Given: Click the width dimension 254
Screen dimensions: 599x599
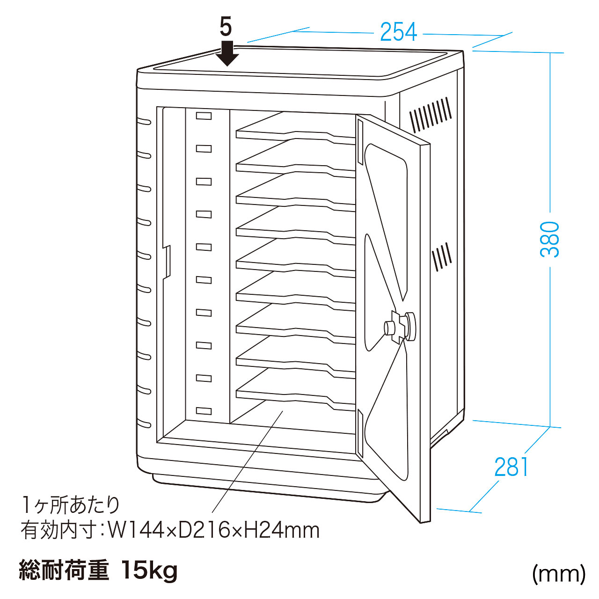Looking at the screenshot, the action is pyautogui.click(x=398, y=32).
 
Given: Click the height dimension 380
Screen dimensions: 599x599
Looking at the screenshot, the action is pyautogui.click(x=549, y=239).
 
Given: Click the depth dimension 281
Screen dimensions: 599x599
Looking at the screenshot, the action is pyautogui.click(x=511, y=467).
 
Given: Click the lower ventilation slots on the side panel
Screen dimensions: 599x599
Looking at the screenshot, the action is pyautogui.click(x=442, y=257).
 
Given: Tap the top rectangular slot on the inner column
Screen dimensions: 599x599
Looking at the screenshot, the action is pyautogui.click(x=204, y=116).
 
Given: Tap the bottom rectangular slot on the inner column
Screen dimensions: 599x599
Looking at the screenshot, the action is pyautogui.click(x=204, y=411).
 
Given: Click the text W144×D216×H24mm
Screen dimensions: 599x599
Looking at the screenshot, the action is pyautogui.click(x=213, y=531).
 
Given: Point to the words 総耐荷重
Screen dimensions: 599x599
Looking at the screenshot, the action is pyautogui.click(x=64, y=570).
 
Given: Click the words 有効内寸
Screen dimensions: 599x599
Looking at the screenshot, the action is pyautogui.click(x=58, y=531).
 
